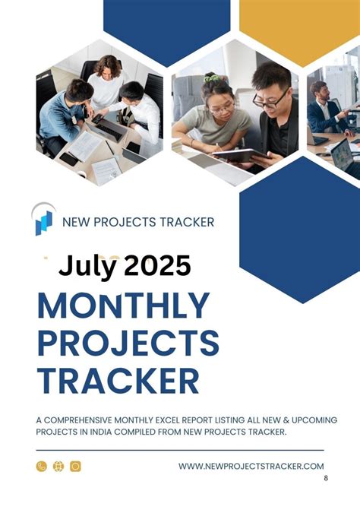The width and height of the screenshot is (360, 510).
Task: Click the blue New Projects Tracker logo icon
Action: point(43,220)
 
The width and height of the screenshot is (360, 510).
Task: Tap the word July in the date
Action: point(87,266)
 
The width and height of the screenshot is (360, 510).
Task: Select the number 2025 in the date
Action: point(157,266)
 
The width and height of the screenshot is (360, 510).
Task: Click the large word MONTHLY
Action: point(123,306)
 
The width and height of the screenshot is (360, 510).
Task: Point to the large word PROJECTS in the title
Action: point(128,343)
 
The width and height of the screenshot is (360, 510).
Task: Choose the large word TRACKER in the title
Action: point(118,380)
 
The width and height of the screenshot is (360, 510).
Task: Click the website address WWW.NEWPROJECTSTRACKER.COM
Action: point(251,466)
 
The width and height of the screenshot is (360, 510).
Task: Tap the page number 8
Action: point(326,478)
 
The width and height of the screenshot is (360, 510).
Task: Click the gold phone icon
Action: point(42,466)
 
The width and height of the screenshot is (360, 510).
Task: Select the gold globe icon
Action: point(58,466)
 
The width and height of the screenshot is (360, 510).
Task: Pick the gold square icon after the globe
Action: point(75,466)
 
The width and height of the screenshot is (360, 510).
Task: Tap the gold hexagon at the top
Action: point(299,23)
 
